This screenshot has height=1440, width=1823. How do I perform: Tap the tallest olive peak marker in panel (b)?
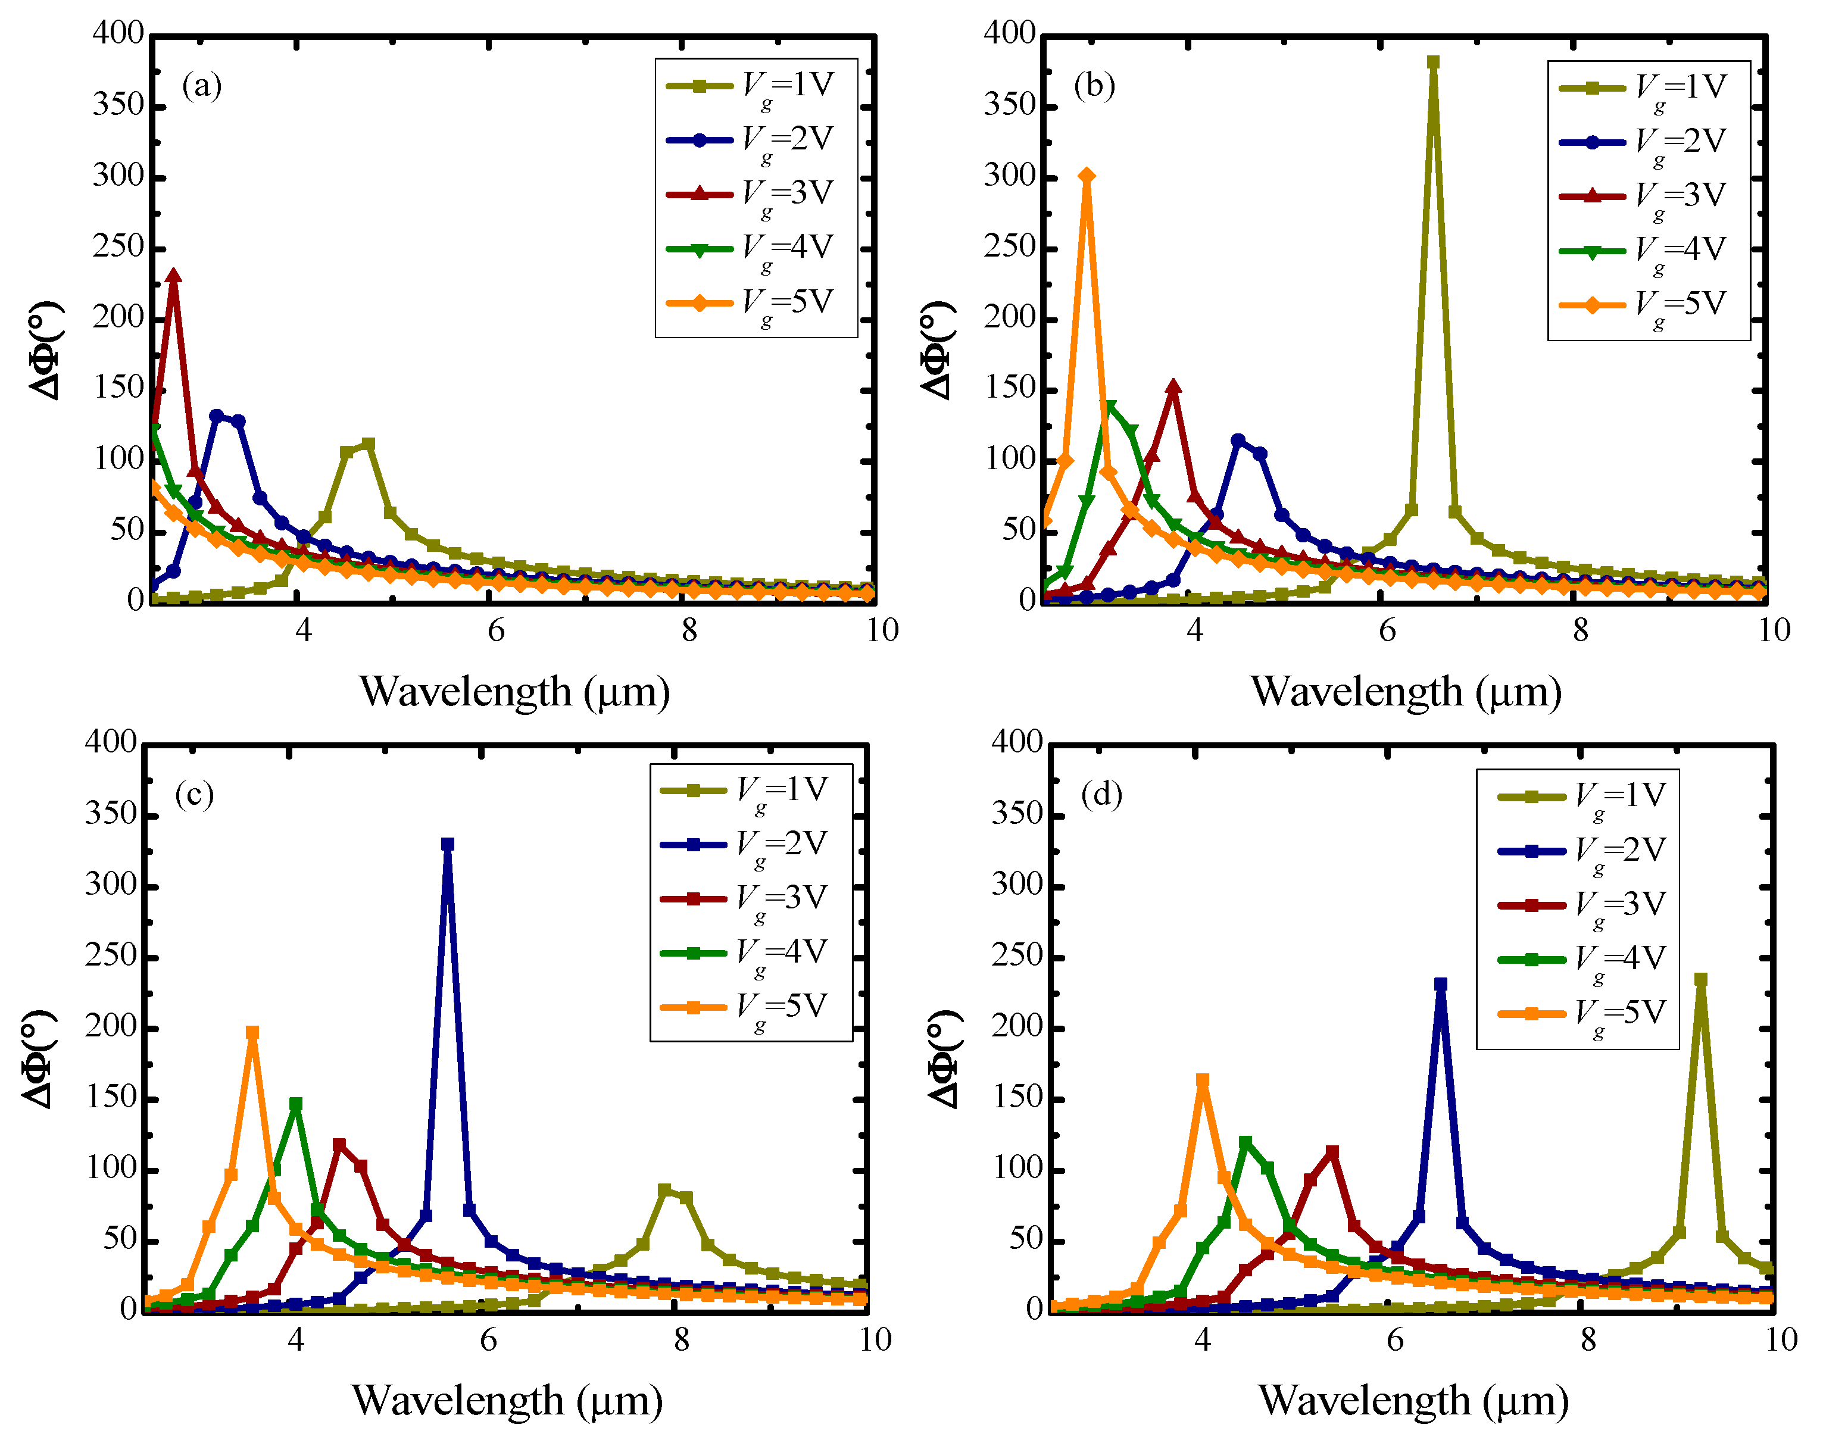pyautogui.click(x=1432, y=63)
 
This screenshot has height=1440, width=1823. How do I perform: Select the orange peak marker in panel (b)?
pyautogui.click(x=1087, y=176)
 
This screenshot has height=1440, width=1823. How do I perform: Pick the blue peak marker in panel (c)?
pyautogui.click(x=448, y=844)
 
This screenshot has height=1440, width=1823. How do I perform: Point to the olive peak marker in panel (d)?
pyautogui.click(x=1701, y=980)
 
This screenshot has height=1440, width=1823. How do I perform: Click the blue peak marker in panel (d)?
pyautogui.click(x=1440, y=984)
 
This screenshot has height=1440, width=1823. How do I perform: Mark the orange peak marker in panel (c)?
pyautogui.click(x=252, y=1032)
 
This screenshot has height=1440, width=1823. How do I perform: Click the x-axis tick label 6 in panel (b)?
pyautogui.click(x=1387, y=630)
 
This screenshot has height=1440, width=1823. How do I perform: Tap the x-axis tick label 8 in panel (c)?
pyautogui.click(x=681, y=1339)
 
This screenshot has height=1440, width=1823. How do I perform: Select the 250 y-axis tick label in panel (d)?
pyautogui.click(x=1017, y=955)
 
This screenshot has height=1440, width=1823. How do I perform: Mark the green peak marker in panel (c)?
pyautogui.click(x=295, y=1104)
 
